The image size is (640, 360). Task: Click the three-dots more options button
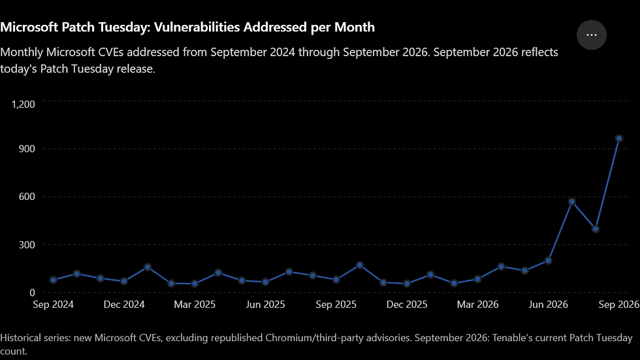pos(592,35)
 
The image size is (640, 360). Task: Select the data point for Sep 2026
pos(619,139)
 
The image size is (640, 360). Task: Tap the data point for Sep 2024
pos(54,280)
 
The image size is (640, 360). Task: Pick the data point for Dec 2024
pos(124,281)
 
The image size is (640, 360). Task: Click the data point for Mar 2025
pos(195,284)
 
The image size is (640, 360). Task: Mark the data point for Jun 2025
pos(265,282)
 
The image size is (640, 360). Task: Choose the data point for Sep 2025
pos(336,280)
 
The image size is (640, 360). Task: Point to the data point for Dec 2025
pos(407,284)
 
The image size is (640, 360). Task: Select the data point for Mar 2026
pos(477,279)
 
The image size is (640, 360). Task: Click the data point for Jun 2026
pos(548,261)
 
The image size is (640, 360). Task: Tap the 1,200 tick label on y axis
pos(24,105)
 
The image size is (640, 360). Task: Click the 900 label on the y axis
pos(27,148)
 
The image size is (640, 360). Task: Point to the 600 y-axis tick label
pos(27,197)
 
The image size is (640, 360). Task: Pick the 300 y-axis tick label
pos(27,245)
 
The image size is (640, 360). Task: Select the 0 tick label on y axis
pos(32,293)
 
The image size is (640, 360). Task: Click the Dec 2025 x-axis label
pos(407,304)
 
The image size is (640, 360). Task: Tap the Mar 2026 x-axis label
pos(477,304)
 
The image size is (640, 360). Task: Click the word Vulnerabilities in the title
pos(197,27)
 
